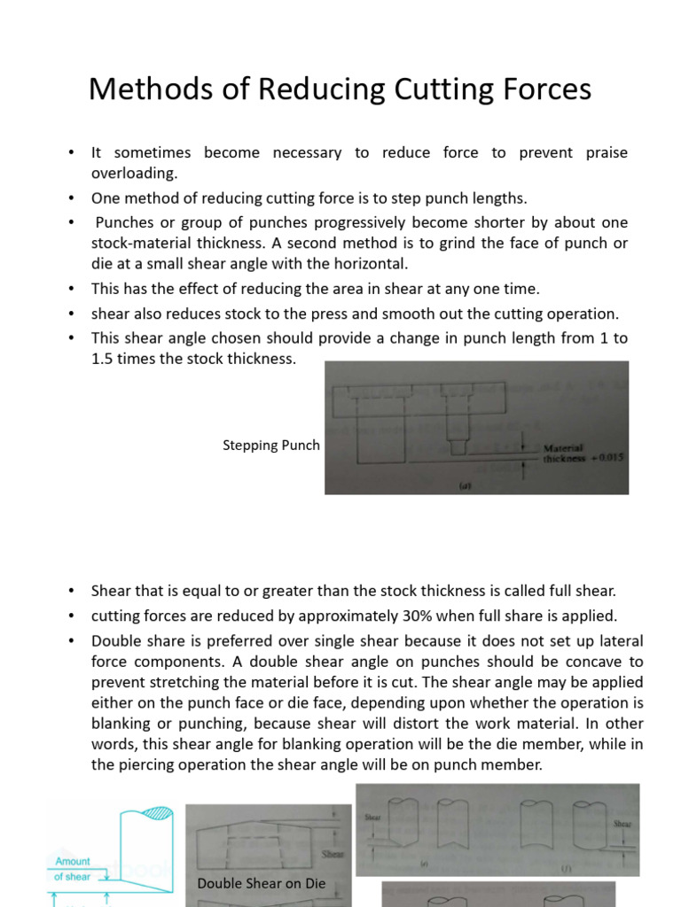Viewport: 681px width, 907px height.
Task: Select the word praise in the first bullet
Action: click(607, 152)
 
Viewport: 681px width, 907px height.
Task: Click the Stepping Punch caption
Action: click(270, 446)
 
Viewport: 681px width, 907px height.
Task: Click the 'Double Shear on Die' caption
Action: click(261, 882)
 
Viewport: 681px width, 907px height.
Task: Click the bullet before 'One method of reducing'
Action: click(71, 198)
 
